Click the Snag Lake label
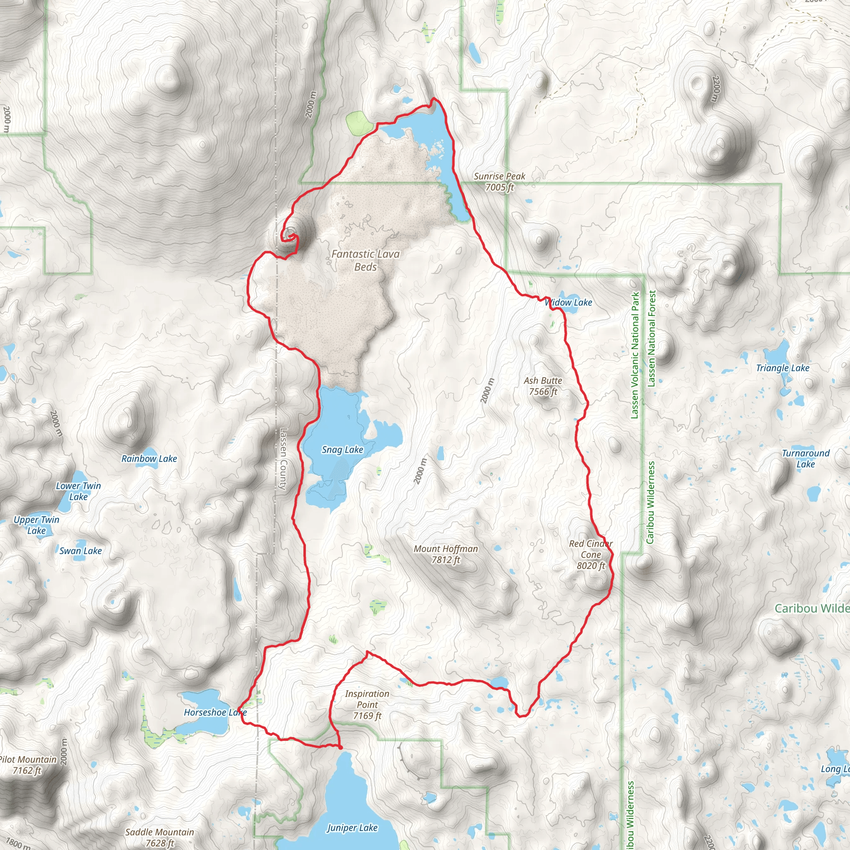(x=342, y=449)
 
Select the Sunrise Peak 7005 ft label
(x=499, y=182)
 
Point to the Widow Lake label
(x=569, y=302)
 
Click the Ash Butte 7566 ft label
(x=543, y=386)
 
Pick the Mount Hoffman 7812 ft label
(x=446, y=554)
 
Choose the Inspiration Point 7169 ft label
(x=367, y=704)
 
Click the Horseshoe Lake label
(x=215, y=712)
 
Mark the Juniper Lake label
(x=352, y=828)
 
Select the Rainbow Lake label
(x=149, y=459)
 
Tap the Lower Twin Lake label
(x=78, y=491)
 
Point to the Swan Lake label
(x=81, y=551)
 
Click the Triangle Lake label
(x=783, y=368)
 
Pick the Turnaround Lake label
(x=806, y=459)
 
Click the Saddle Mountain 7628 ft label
(x=160, y=837)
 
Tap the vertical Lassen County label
(x=284, y=459)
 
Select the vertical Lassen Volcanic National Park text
(x=635, y=356)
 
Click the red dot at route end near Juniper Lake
(x=340, y=747)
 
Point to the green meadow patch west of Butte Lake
(x=359, y=123)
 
